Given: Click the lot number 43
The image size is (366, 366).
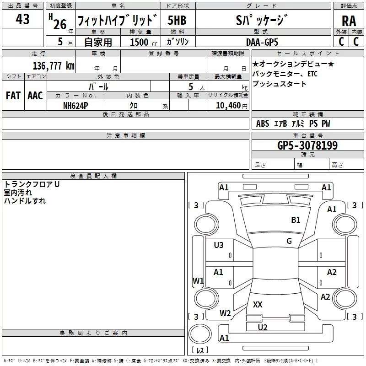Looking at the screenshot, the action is coord(22,19).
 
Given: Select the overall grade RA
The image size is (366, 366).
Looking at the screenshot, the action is coord(349,21).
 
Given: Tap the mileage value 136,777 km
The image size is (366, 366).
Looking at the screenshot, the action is coord(54,66).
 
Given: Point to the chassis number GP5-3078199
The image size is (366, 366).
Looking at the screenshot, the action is coord(307,145).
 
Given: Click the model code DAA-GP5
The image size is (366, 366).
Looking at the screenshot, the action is coord(262,42).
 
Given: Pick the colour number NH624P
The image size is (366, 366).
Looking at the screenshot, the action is coord(75,106).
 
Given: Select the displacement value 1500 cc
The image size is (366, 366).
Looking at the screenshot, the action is coord(144,42).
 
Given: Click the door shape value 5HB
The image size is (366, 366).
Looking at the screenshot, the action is coord(177,20).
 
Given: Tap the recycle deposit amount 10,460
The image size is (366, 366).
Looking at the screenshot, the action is coord(228,105).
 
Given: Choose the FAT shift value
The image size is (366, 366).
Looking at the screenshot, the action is coord(13,96).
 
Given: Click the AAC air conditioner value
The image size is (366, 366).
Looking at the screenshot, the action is coord(35,96).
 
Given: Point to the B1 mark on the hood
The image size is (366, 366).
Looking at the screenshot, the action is coord(296,220).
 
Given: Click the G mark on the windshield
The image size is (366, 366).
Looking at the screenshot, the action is coord(289,241).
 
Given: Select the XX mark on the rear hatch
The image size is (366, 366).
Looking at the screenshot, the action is coord(258,304).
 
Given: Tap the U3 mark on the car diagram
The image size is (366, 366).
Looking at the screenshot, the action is coord(219,245).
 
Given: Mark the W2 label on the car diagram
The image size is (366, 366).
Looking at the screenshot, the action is coord(225,313).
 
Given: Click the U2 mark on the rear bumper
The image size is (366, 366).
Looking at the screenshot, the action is coord(263,328).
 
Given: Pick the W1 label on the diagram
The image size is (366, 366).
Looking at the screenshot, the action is coord(198,280).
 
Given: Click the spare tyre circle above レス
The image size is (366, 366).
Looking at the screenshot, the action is coord(200,334).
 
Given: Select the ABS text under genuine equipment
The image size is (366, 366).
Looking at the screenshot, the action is coord(263,124).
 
